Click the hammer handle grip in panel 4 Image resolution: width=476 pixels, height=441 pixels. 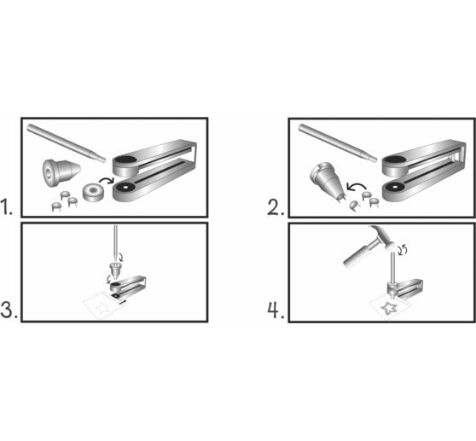pyautogui.click(x=350, y=257)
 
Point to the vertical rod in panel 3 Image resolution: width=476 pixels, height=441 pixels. pyautogui.click(x=114, y=242)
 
